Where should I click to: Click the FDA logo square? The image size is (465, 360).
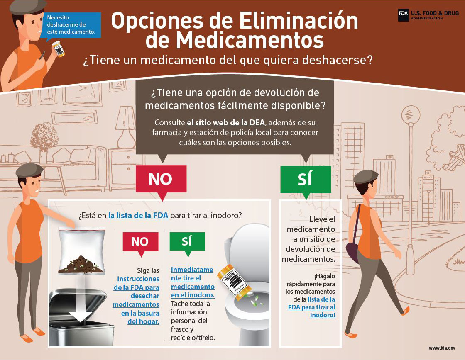pos(403,15)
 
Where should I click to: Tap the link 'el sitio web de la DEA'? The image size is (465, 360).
pos(226,122)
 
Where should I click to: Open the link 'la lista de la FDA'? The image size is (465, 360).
pos(138,215)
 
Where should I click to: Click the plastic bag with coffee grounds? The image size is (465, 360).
pos(81,251)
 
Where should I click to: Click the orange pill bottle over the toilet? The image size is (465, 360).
pos(234,280)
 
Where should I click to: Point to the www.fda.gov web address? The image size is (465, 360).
pos(442,348)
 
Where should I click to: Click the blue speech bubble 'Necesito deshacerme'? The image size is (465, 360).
pos(71,25)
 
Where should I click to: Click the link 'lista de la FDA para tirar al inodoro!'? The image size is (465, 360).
pos(312,307)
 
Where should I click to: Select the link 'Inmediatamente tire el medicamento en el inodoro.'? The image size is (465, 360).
pos(193,282)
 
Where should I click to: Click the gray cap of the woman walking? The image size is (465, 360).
pos(366,177)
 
